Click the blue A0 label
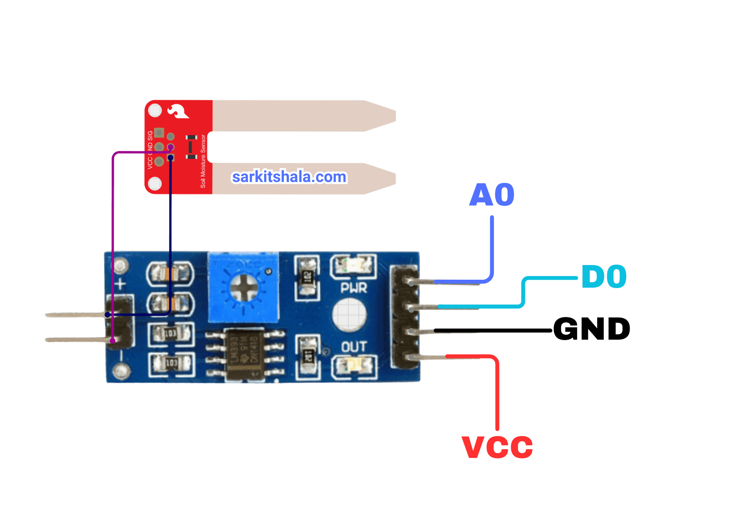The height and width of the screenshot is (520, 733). click(x=491, y=195)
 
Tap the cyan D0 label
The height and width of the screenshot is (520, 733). click(x=604, y=276)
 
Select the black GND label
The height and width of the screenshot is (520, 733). click(x=591, y=329)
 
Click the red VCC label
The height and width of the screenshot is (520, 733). click(x=497, y=447)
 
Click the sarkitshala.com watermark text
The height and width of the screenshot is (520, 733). click(x=289, y=177)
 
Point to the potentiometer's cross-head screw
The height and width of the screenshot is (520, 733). click(x=243, y=289)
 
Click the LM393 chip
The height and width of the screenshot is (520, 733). click(x=245, y=355)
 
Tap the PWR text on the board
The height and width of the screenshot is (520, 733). click(x=354, y=288)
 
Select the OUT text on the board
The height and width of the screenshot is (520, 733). click(x=354, y=347)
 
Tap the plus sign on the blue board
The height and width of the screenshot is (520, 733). click(x=120, y=284)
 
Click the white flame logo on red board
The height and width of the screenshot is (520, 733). click(x=178, y=111)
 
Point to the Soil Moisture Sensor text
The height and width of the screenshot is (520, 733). click(x=203, y=161)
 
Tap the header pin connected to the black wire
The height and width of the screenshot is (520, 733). click(x=424, y=331)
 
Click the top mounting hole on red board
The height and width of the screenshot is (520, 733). click(x=155, y=110)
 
